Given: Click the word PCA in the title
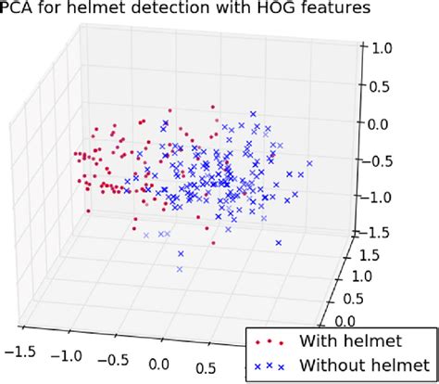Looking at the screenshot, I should coord(18,10).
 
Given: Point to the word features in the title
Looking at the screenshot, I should coord(342,10).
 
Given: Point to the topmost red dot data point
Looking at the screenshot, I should coord(214,108).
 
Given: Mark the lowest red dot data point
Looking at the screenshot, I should coord(214,243).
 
